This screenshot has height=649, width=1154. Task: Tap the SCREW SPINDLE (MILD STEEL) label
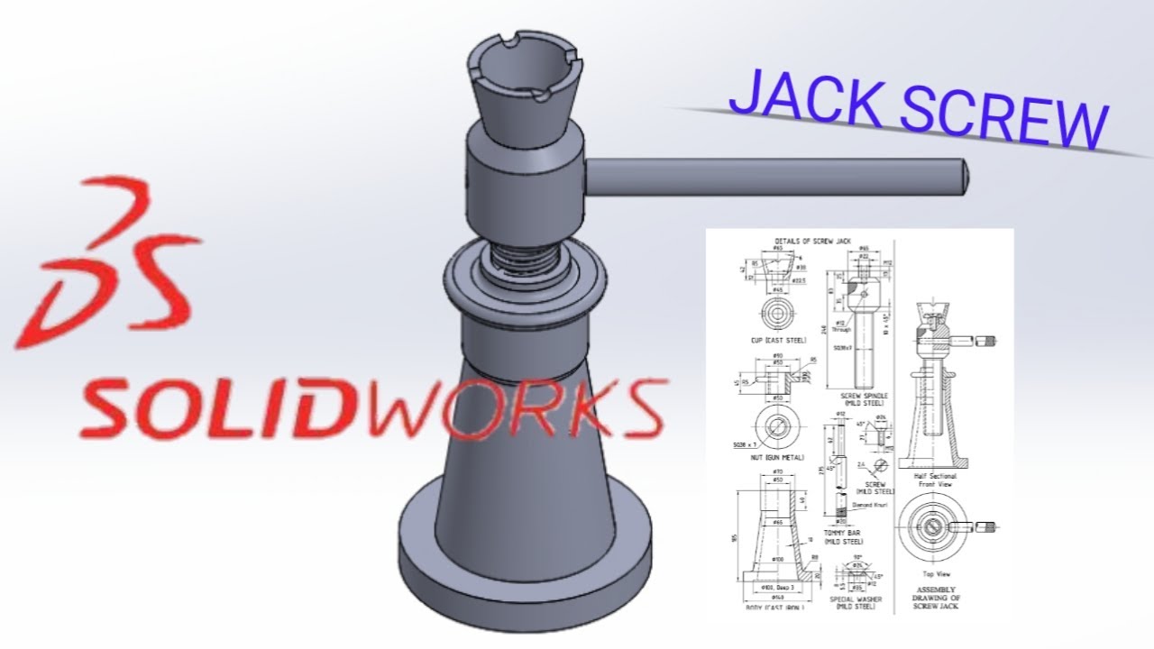[x=864, y=399]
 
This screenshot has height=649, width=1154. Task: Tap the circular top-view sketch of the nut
[x=774, y=424]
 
